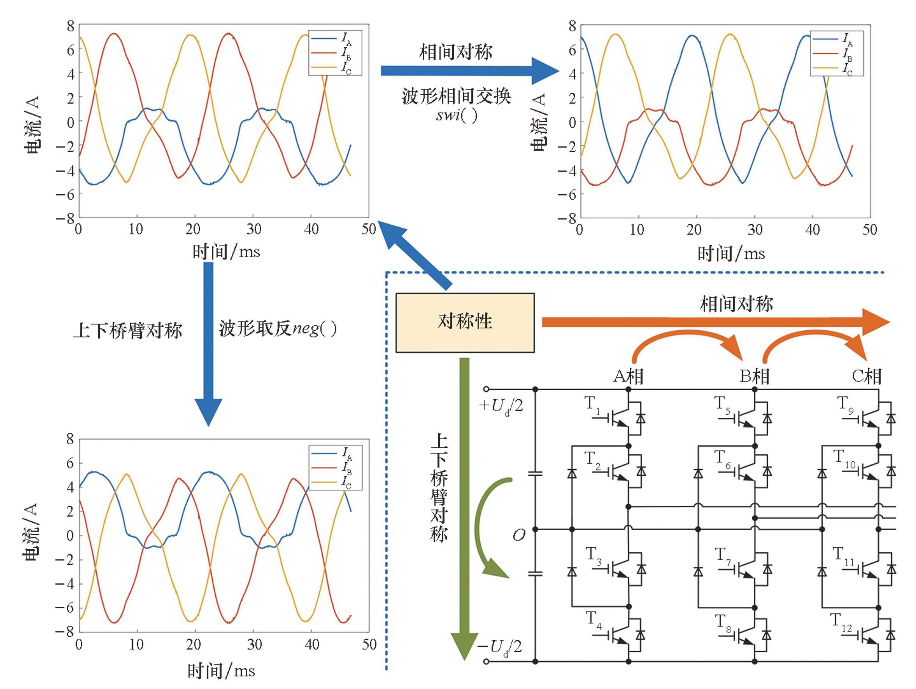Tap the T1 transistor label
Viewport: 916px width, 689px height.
tap(592, 404)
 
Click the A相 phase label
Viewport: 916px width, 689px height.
tap(628, 376)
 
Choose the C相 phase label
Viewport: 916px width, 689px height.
tap(867, 376)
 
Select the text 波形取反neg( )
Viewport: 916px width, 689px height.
tap(278, 330)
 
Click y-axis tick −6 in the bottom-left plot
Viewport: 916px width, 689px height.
tap(64, 608)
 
